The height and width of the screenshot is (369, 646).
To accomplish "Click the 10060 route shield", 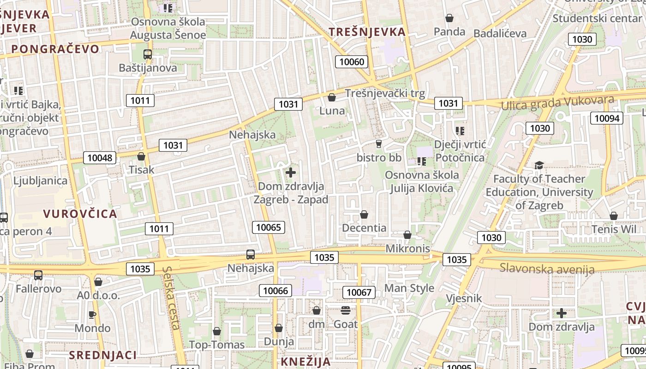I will [352, 62].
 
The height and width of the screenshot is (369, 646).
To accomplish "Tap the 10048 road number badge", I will [100, 158].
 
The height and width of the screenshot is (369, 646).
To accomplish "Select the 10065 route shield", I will [269, 227].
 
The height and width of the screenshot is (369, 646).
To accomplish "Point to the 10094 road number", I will [607, 118].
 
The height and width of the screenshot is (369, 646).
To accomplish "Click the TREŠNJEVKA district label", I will [367, 32].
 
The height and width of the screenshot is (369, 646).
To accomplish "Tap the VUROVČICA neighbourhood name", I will [80, 214].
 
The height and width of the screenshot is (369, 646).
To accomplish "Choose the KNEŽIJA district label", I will [305, 362].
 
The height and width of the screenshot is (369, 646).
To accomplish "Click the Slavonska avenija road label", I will [547, 268].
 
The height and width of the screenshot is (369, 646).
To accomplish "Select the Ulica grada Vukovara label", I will [558, 103].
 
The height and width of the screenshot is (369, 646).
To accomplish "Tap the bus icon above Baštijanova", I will [148, 54].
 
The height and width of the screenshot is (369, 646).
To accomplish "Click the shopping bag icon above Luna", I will [331, 97].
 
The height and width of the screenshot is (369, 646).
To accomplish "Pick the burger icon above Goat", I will [346, 310].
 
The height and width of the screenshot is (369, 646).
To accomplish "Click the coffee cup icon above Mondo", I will [92, 315].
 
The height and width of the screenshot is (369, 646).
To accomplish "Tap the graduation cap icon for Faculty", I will [538, 165].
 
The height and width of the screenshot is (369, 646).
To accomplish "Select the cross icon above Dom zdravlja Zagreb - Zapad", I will [291, 173].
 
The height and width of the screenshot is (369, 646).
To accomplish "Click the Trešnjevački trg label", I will [385, 93].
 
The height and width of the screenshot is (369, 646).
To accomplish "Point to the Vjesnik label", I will [464, 298].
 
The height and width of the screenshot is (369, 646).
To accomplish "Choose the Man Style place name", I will [409, 288].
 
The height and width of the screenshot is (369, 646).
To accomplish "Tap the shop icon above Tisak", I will [141, 156].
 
